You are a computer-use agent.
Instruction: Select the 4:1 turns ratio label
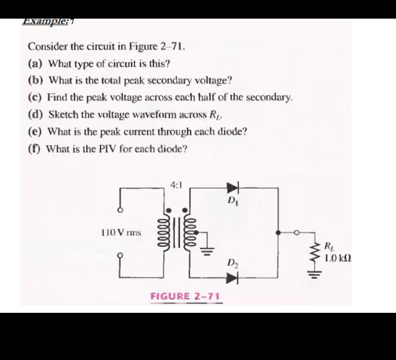pos(175,184)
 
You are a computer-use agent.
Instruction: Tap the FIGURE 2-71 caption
pos(185,296)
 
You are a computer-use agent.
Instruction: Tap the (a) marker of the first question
pos(35,63)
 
